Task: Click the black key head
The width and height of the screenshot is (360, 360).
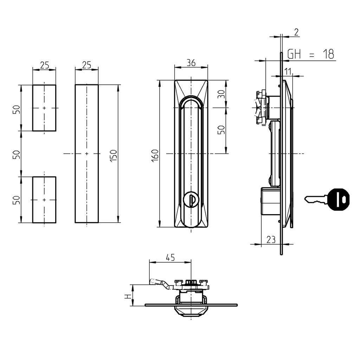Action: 339,199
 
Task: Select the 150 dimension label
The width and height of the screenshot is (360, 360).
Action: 114,155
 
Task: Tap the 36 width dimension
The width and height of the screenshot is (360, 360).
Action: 191,63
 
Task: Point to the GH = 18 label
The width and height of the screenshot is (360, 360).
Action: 310,54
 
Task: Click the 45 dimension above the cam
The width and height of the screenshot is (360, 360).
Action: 170,257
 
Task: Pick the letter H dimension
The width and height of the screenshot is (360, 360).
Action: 127,296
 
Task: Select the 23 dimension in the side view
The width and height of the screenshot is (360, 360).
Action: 271,240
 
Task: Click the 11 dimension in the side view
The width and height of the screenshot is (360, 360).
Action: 288,71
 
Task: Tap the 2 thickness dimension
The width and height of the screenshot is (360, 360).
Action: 296,32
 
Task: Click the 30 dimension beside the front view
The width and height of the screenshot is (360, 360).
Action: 221,94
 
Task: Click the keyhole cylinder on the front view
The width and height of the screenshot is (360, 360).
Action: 191,200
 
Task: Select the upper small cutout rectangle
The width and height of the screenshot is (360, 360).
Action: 44,108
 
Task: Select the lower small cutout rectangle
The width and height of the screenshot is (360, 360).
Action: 44,200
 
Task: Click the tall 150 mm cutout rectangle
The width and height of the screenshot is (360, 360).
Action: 86,154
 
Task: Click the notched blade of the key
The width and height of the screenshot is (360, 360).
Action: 315,200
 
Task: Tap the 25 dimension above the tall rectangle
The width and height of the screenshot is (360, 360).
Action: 86,65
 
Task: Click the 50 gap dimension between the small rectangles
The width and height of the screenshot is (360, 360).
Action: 16,154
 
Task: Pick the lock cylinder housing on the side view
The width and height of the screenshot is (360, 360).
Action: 270,201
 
